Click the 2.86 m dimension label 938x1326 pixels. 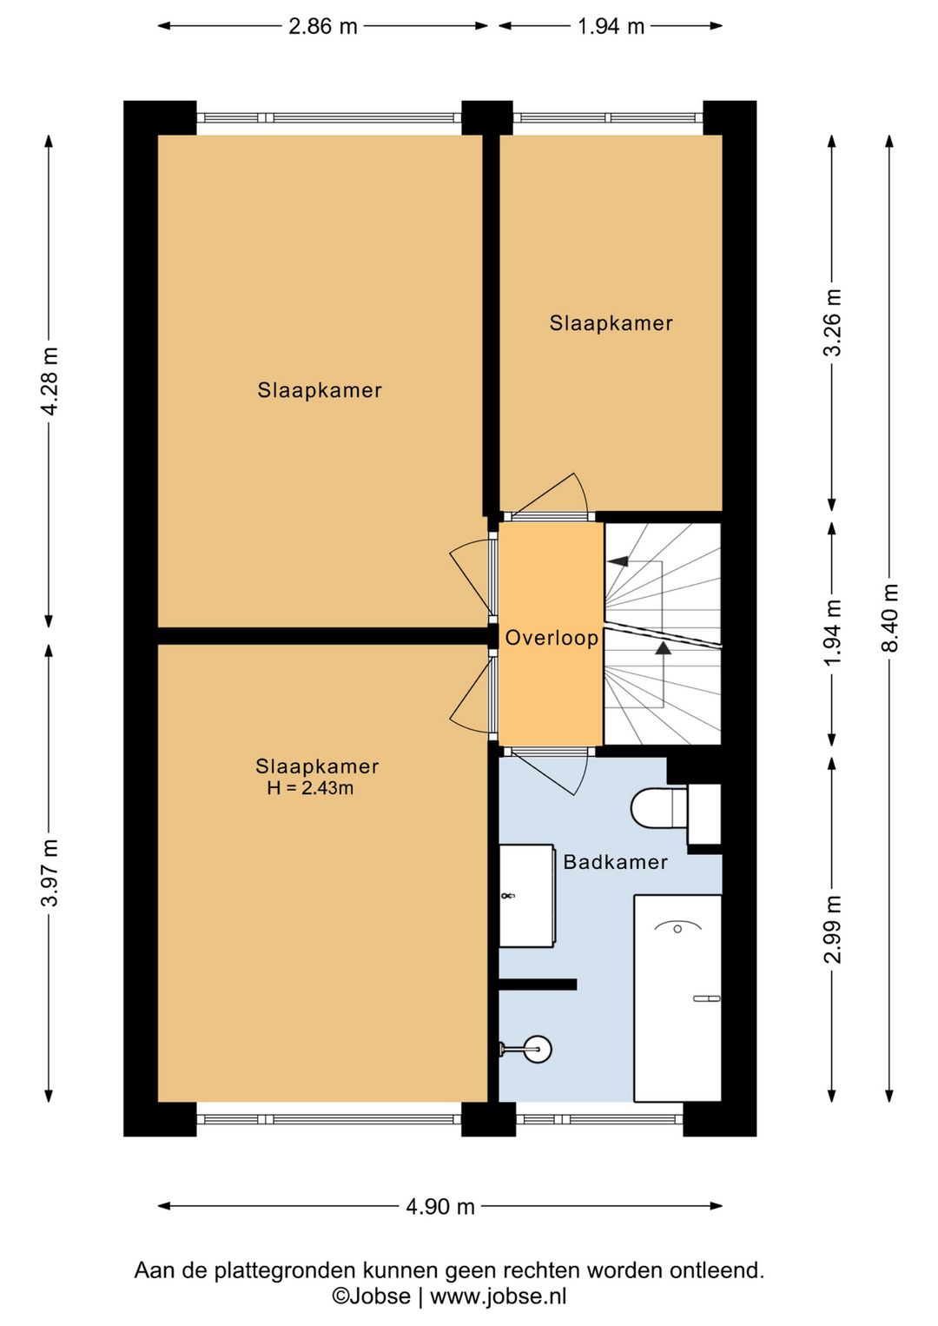point(322,27)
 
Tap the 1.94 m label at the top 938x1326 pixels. point(611,27)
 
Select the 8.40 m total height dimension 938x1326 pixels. point(889,618)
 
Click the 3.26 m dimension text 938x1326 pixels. point(833,322)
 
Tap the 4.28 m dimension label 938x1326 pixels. point(50,381)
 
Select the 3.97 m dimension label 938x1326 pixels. point(50,872)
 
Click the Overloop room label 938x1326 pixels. point(551,638)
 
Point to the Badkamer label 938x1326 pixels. point(615,862)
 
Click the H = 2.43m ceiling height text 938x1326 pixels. point(310,788)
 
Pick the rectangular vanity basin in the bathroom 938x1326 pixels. point(526,896)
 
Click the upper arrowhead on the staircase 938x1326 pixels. point(618,560)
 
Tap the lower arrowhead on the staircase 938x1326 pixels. point(664,647)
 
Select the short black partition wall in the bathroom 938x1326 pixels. point(538,985)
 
